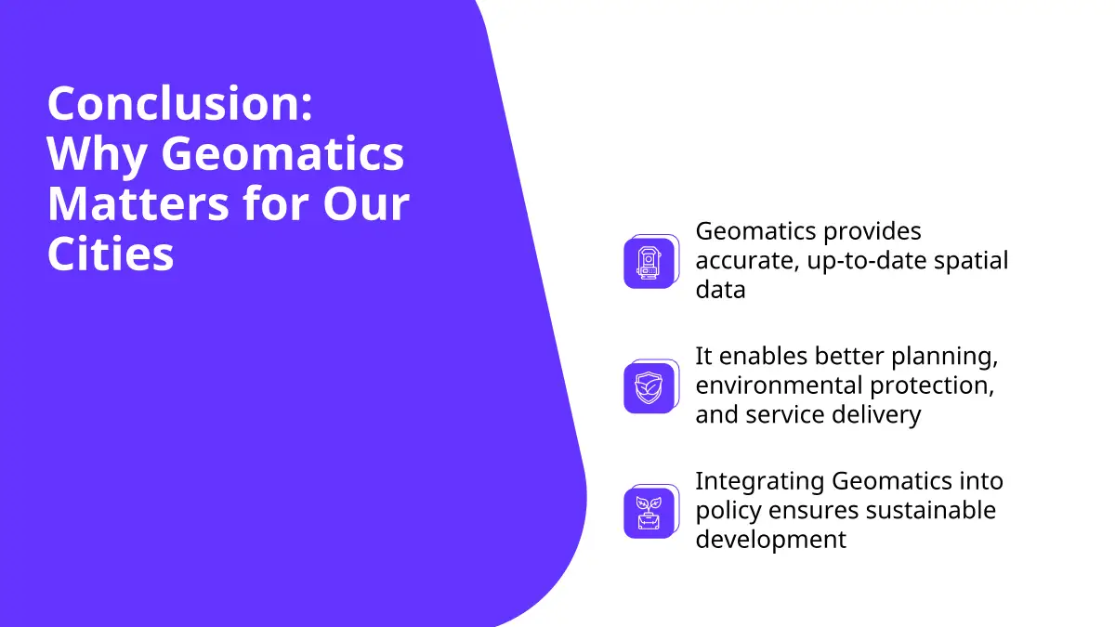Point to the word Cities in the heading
coord(111,253)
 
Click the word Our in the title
coord(366,204)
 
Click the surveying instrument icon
coord(649,263)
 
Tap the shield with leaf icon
coord(649,388)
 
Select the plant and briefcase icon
coord(649,513)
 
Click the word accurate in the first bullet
coord(747,261)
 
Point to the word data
coord(720,289)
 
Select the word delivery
coord(876,415)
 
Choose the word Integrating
coord(760,482)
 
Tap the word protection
coord(932,386)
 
